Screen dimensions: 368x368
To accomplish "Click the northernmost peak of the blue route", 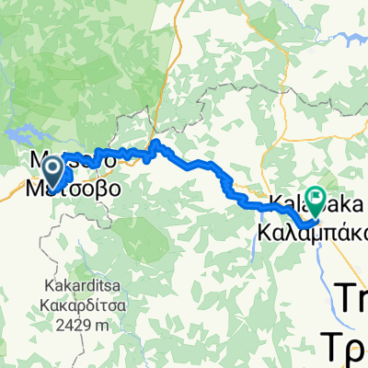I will (x=156, y=143).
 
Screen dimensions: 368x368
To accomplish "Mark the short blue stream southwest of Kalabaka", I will (x=254, y=245).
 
